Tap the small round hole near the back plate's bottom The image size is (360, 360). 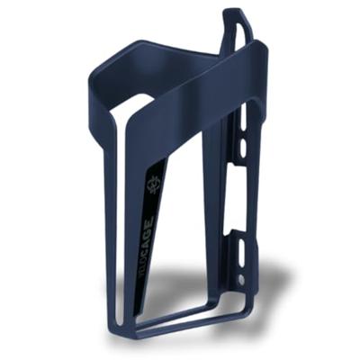coord(240,279)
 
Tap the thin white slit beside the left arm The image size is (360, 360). coord(121,225)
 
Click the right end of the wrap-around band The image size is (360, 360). coord(263,63)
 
